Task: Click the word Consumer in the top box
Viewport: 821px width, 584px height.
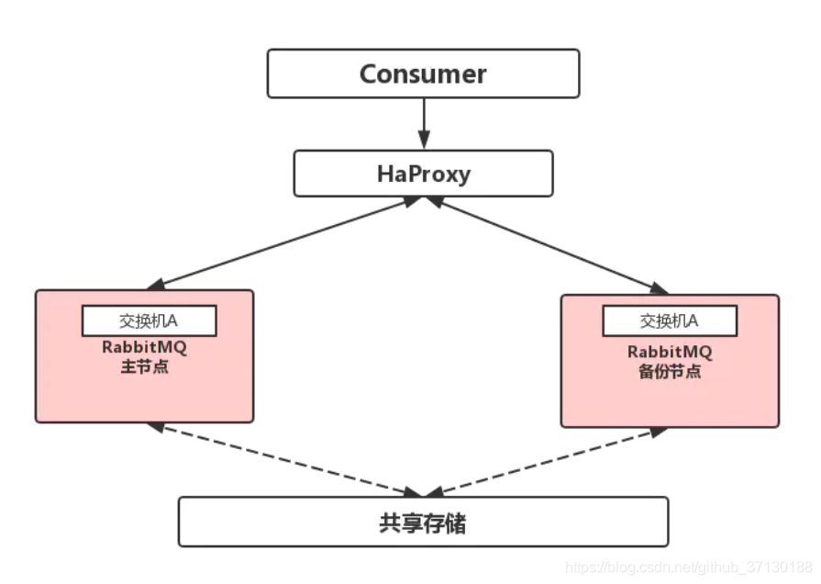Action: [x=423, y=73]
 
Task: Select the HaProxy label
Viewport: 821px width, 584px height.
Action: [x=423, y=174]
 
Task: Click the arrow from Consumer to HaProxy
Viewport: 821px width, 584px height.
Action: [x=423, y=124]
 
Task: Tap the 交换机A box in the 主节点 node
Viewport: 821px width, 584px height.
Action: [x=150, y=320]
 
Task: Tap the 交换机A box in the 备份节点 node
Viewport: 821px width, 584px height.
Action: [x=669, y=320]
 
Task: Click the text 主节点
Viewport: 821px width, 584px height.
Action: [x=145, y=368]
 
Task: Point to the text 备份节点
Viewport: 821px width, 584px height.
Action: [x=670, y=372]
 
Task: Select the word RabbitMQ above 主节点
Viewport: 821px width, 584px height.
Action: [x=145, y=349]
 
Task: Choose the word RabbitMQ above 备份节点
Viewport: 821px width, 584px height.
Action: [x=670, y=352]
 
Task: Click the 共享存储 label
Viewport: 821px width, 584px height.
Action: [x=423, y=522]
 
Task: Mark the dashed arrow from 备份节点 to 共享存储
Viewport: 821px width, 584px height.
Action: [x=550, y=461]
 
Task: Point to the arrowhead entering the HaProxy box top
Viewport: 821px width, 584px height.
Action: [x=423, y=143]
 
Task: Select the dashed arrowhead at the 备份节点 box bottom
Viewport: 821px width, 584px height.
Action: [x=660, y=431]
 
